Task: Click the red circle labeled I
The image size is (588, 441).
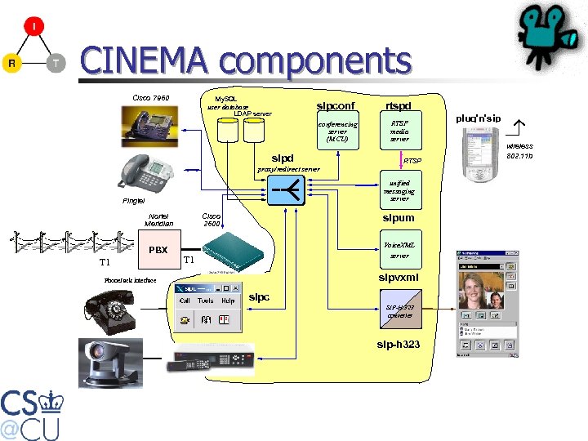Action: (x=33, y=28)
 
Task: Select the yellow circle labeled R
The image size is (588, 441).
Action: (x=11, y=63)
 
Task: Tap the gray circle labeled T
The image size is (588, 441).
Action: (x=56, y=63)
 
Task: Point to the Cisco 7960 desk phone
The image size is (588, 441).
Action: (x=153, y=125)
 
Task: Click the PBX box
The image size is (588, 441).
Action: (x=158, y=249)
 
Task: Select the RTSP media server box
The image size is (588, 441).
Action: (x=399, y=129)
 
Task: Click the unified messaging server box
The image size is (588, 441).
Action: (x=399, y=191)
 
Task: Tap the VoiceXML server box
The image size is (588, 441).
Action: (x=399, y=251)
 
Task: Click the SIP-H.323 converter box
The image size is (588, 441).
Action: (x=399, y=310)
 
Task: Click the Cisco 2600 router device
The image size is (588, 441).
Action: (x=234, y=250)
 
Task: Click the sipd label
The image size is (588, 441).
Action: (x=282, y=158)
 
